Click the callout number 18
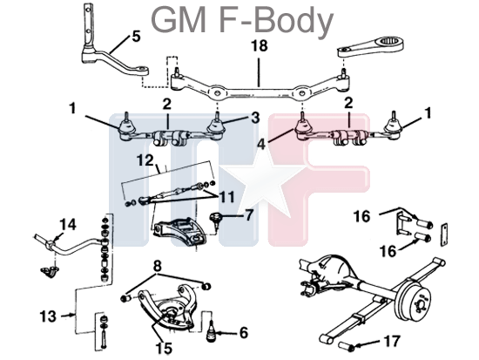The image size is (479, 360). [x=259, y=45]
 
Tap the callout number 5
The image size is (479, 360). [x=136, y=37]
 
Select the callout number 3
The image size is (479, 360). [x=255, y=118]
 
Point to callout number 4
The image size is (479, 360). [x=261, y=145]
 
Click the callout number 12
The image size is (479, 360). [x=145, y=160]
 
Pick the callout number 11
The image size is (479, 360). [x=227, y=197]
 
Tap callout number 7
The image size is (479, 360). [x=249, y=215]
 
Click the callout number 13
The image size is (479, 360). [x=48, y=316]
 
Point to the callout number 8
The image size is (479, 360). [x=157, y=266]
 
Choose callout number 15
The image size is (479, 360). [x=164, y=348]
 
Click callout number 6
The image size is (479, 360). [x=244, y=333]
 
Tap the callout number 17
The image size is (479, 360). [x=391, y=341]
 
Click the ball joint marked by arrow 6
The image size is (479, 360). [x=212, y=333]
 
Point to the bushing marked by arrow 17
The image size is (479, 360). [x=347, y=346]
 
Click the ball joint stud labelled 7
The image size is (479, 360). [x=215, y=220]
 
